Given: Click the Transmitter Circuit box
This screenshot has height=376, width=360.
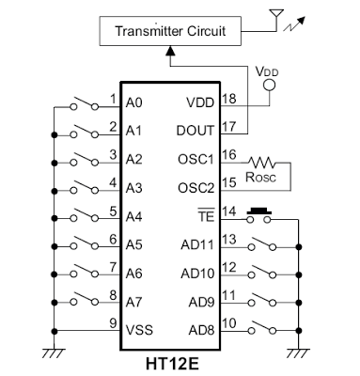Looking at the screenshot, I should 170,31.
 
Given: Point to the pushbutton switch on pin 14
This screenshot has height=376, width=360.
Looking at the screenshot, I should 258,218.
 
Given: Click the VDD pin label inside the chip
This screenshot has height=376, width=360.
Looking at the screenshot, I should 201,103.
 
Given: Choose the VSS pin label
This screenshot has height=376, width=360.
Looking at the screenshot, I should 141,332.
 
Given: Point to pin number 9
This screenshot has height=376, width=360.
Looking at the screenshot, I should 113,324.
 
